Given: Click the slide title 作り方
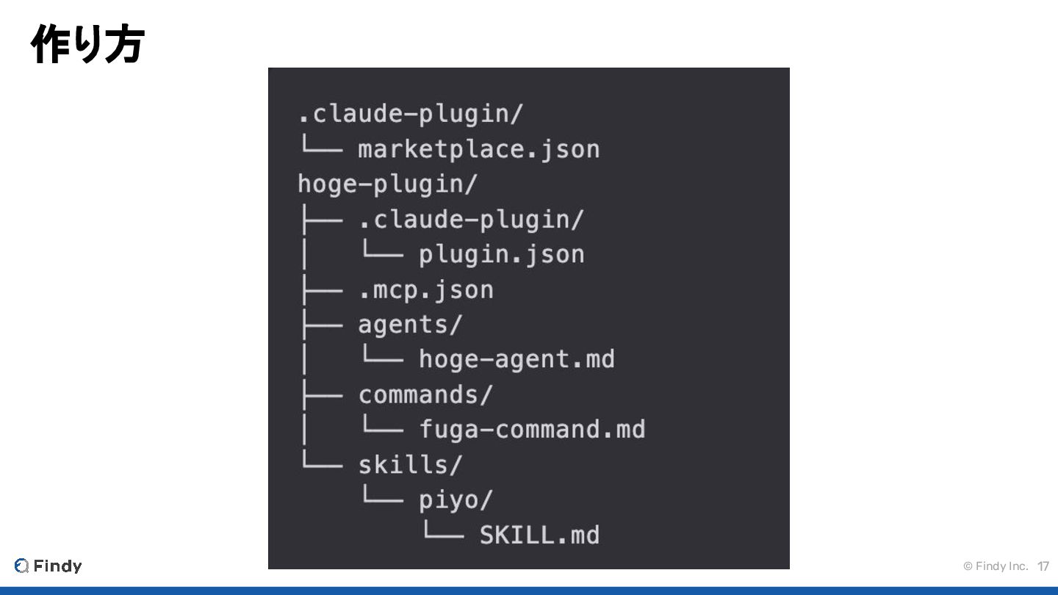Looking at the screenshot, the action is [87, 44].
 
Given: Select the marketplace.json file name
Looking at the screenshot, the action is [478, 149].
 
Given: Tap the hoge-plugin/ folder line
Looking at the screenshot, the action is [387, 184].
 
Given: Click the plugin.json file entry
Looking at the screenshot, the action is [501, 254].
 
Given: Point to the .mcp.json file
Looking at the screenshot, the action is [425, 289].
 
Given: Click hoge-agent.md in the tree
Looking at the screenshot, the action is [517, 359].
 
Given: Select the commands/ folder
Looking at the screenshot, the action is [425, 394].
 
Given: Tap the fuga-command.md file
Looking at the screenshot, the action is [532, 429].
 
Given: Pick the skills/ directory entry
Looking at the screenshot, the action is [410, 465].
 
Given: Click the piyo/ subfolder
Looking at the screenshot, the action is [456, 500].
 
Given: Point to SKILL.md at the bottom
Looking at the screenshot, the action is [539, 535].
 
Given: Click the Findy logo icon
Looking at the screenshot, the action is [22, 566].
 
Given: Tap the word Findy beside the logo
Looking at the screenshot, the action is [57, 566].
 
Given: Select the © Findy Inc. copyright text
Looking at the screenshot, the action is [996, 566].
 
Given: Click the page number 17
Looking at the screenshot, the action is [1043, 566].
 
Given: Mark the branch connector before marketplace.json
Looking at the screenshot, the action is [320, 149].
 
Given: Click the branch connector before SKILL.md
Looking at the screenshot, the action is [442, 535].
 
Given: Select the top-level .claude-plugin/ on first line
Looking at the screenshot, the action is [410, 114].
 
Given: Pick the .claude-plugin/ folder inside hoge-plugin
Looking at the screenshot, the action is [471, 219].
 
